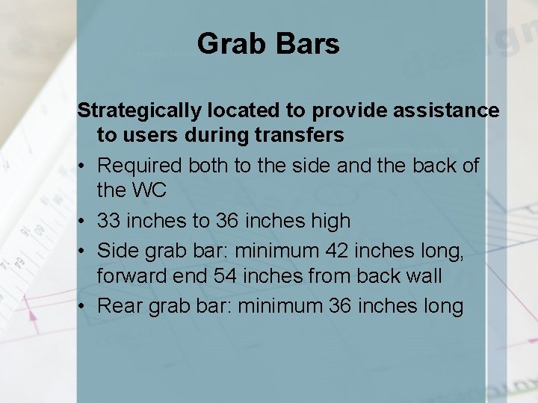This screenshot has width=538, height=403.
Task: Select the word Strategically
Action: click(x=139, y=111)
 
